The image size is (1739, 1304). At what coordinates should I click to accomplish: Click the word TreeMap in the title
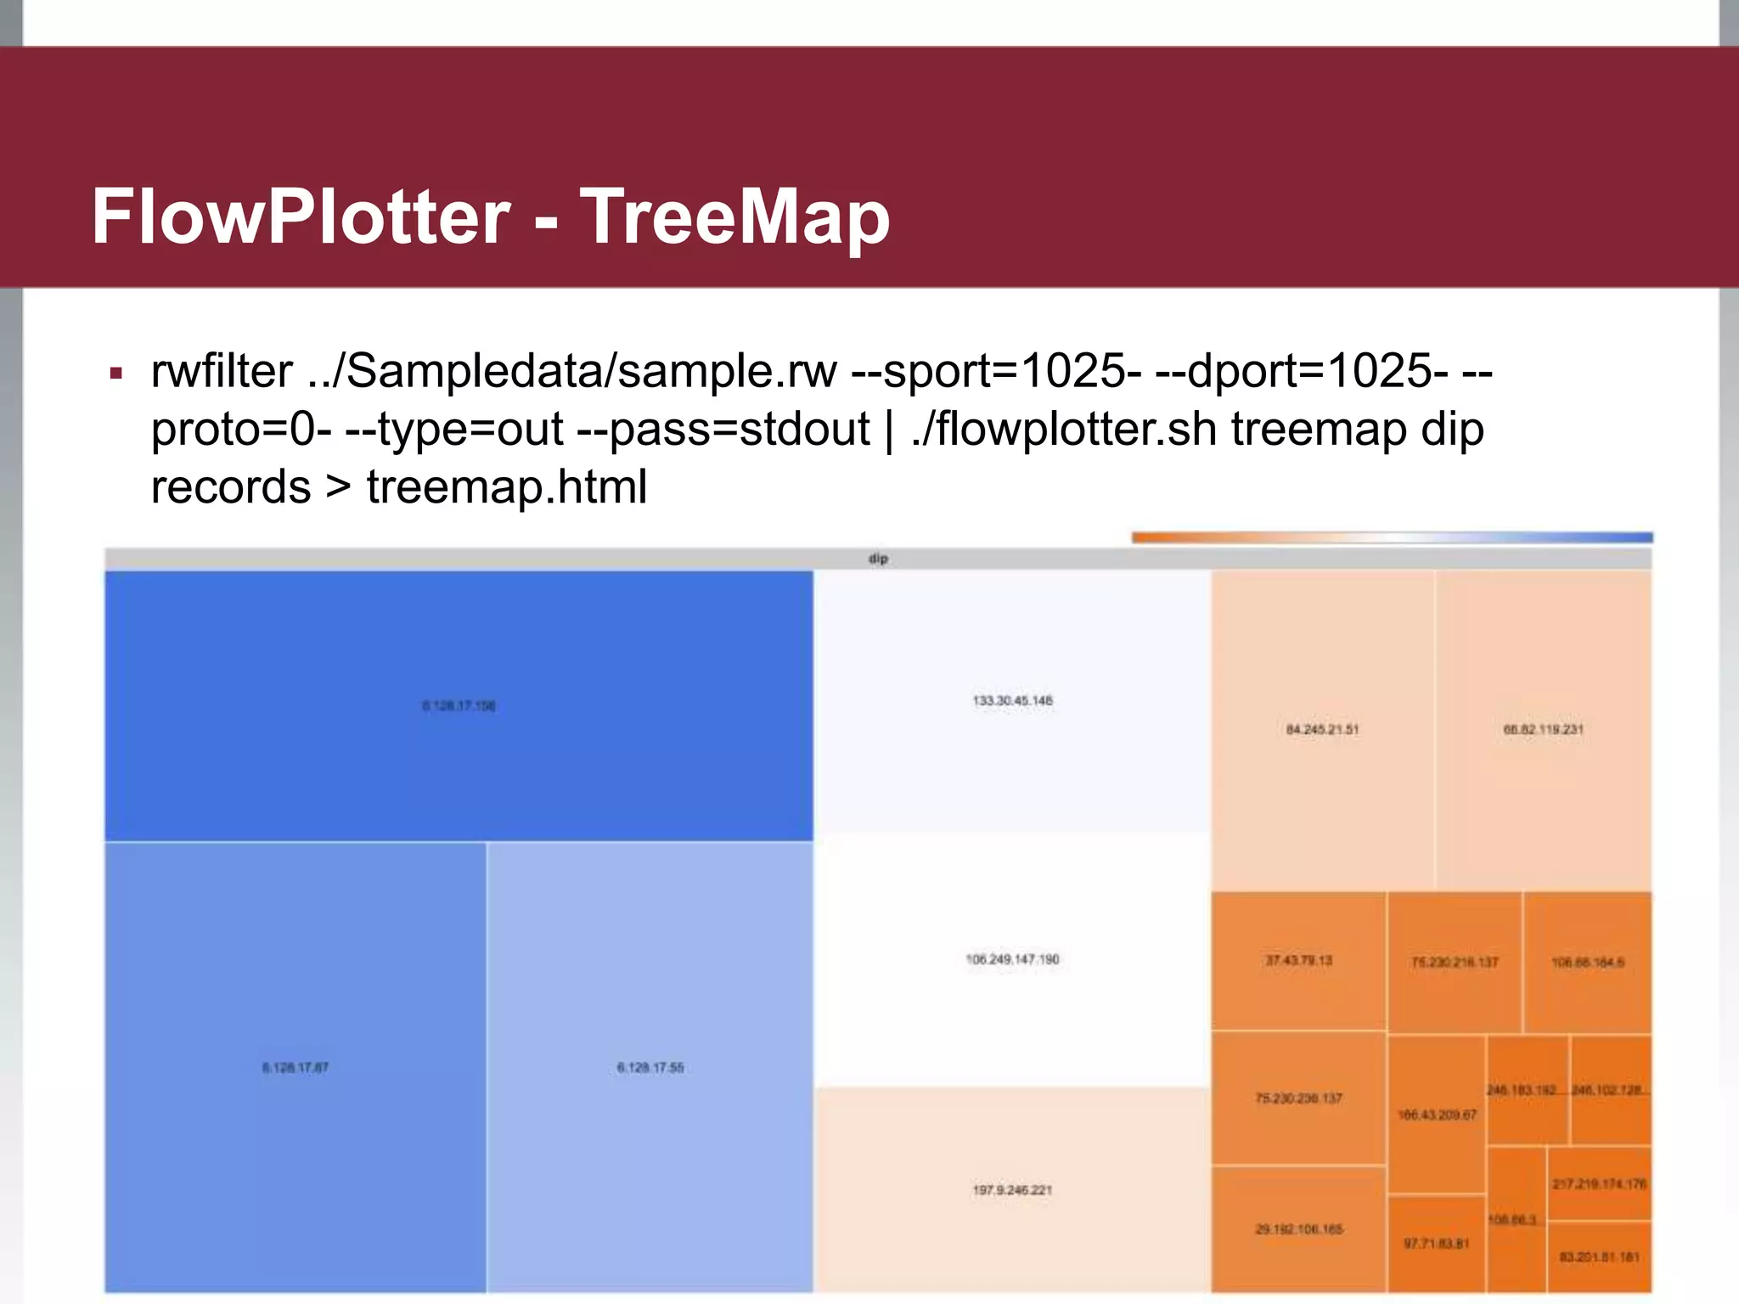[x=734, y=216]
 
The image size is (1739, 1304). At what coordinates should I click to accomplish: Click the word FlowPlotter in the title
[x=301, y=216]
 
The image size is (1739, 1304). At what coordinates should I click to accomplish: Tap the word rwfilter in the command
[x=222, y=371]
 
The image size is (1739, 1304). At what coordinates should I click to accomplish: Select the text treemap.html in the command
[x=507, y=486]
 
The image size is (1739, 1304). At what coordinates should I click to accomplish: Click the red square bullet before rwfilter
[x=116, y=373]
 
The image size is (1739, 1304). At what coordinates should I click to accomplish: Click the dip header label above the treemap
[x=878, y=559]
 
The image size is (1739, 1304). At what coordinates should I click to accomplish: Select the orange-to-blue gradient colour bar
[x=1392, y=537]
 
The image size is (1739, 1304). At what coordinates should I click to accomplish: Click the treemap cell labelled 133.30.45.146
[x=1012, y=701]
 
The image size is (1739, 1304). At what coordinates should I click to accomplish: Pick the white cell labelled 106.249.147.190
[x=1012, y=959]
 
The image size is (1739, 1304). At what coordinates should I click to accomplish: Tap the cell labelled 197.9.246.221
[x=1012, y=1190]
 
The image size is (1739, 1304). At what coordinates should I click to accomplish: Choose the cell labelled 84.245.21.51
[x=1322, y=729]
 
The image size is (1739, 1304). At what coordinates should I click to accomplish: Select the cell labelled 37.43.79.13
[x=1298, y=960]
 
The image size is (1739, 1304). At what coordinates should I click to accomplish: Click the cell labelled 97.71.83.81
[x=1436, y=1244]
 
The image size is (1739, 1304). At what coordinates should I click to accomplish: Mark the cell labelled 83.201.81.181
[x=1599, y=1257]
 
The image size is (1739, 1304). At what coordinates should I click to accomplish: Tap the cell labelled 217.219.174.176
[x=1599, y=1184]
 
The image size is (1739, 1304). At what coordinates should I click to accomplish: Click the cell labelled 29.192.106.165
[x=1298, y=1228]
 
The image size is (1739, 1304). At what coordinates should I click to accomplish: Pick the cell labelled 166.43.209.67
[x=1437, y=1115]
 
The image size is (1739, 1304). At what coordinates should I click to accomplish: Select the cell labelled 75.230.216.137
[x=1455, y=962]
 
